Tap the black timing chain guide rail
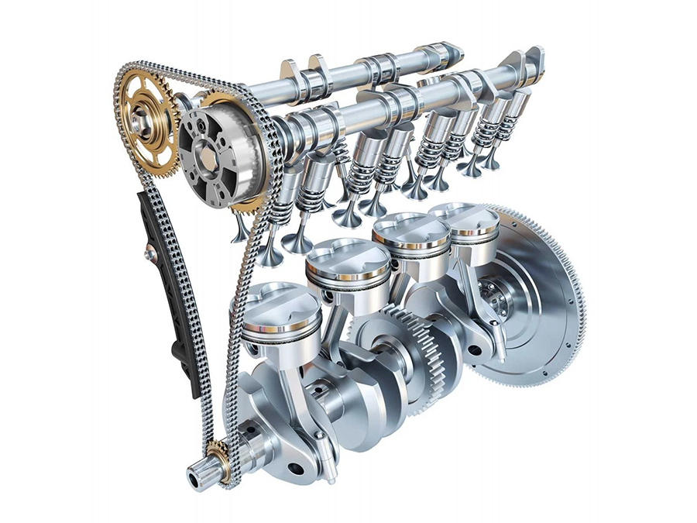[165, 294]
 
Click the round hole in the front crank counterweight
[294, 467]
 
